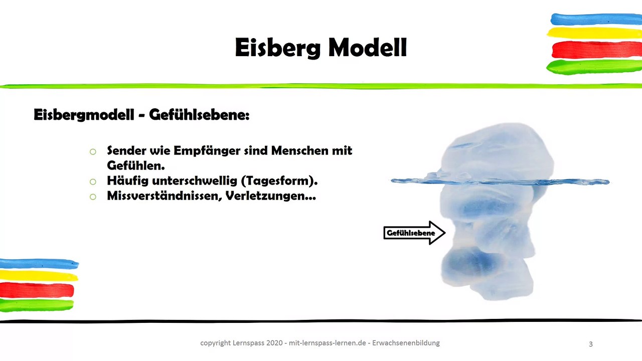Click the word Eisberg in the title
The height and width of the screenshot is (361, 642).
point(277,49)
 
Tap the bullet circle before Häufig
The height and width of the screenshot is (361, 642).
point(92,182)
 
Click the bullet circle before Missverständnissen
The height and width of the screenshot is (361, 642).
point(92,197)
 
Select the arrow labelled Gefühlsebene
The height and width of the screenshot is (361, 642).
point(414,233)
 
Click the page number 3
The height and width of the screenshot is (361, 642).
point(590,344)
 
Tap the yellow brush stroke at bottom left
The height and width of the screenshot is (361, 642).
point(38,276)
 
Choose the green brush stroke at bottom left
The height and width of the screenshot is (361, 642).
point(37,304)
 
